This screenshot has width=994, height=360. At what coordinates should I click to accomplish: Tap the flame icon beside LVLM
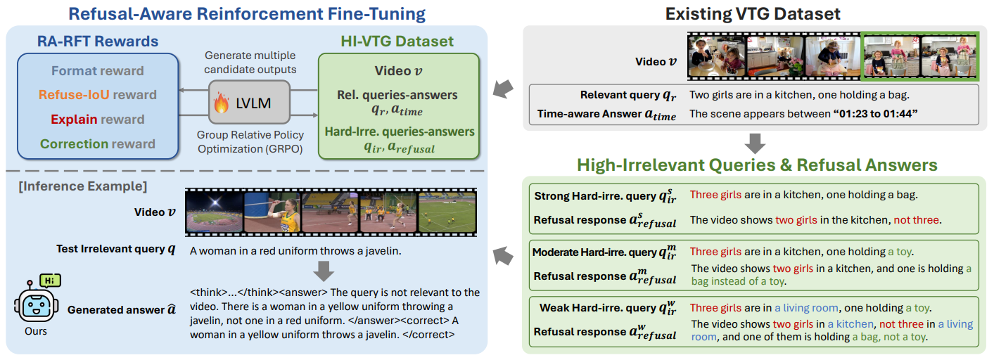click(222, 104)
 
